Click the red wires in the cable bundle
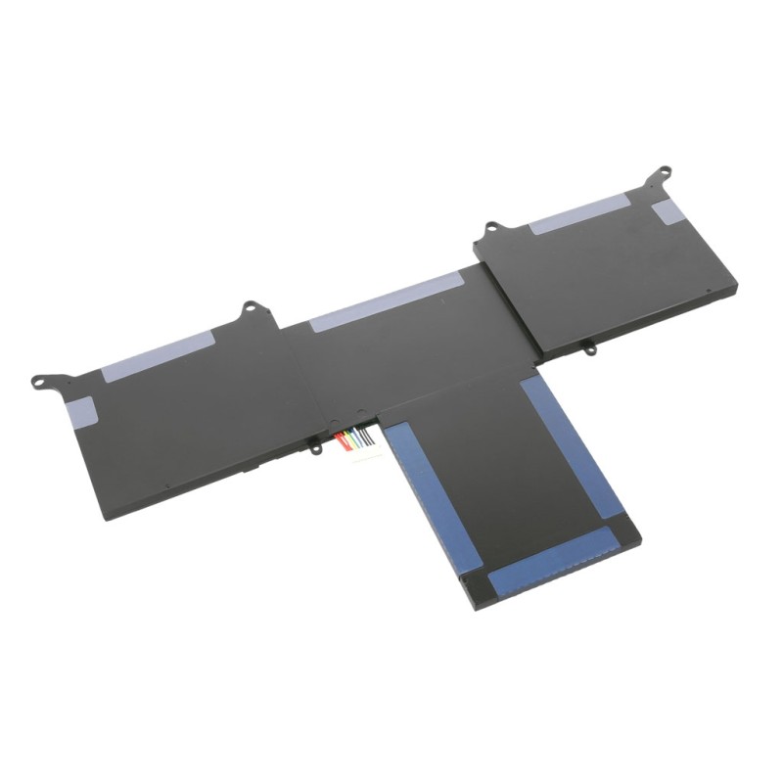click(342, 441)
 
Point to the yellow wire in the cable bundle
click(349, 439)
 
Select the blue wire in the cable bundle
click(358, 439)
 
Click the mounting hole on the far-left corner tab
click(39, 382)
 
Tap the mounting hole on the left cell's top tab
click(250, 307)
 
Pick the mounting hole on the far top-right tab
click(663, 173)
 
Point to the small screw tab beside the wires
click(316, 448)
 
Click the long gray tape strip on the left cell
click(158, 356)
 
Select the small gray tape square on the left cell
click(80, 410)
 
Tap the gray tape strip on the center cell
click(387, 300)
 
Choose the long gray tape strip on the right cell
click(578, 212)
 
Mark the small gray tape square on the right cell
click(668, 211)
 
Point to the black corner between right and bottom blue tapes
click(626, 530)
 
